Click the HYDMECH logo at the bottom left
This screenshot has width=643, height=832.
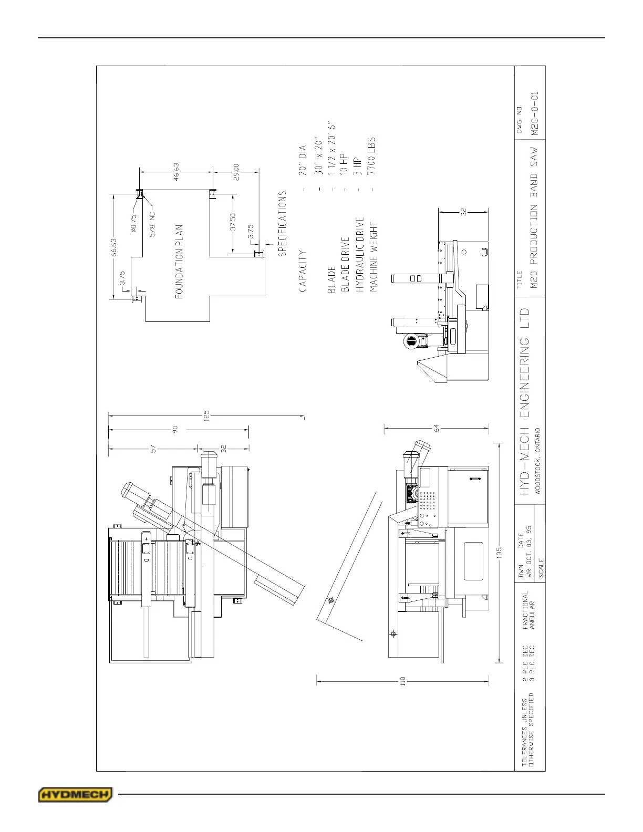tap(75, 794)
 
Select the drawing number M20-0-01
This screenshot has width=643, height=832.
tap(534, 114)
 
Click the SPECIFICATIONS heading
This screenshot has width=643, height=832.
tap(283, 224)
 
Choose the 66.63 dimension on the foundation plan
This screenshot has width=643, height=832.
tap(114, 248)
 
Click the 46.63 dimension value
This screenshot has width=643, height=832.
tap(177, 172)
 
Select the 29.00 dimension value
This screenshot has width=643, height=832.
tap(236, 173)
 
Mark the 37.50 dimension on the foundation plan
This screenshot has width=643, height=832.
tap(233, 222)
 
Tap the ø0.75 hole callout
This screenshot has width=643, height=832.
tap(133, 223)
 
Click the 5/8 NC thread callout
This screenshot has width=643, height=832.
tap(153, 224)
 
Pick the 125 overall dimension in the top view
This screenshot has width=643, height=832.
tap(206, 416)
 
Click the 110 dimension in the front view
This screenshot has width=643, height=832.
tap(403, 682)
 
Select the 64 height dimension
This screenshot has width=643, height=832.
tap(436, 428)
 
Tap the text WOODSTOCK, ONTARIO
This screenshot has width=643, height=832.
tap(538, 461)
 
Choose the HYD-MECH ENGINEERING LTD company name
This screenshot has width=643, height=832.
tap(525, 401)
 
